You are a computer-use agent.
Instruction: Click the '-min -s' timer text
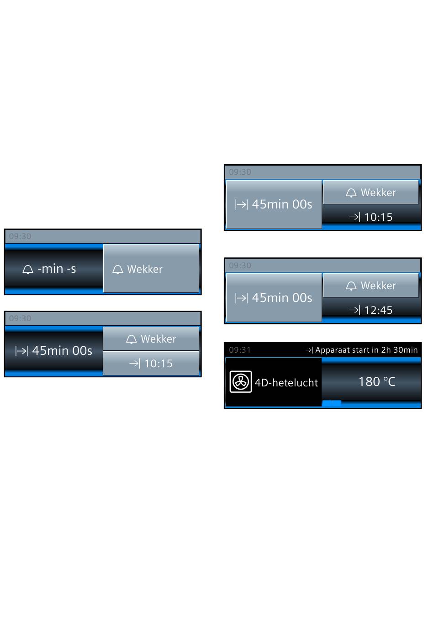[57, 269]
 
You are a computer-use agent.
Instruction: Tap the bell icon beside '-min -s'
[28, 270]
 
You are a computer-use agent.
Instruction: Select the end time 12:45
[378, 310]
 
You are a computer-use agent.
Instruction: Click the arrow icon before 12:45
[355, 310]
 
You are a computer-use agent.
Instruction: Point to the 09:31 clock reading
[239, 349]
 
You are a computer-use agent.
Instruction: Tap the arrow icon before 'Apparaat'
[309, 350]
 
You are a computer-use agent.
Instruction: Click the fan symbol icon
[240, 381]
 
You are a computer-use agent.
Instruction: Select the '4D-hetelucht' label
[286, 383]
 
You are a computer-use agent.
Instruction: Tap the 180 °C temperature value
[377, 381]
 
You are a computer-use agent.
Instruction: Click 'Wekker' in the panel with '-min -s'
[144, 269]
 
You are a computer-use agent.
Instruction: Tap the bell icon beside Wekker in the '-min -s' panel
[117, 270]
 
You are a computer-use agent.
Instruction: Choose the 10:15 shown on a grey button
[158, 363]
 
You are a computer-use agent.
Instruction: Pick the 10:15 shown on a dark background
[378, 217]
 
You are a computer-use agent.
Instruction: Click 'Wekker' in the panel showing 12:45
[378, 286]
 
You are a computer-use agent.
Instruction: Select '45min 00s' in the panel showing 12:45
[282, 298]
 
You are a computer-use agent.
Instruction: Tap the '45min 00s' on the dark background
[62, 350]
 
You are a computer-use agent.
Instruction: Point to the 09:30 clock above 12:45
[240, 265]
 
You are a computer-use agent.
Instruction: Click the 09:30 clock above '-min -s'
[20, 236]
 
